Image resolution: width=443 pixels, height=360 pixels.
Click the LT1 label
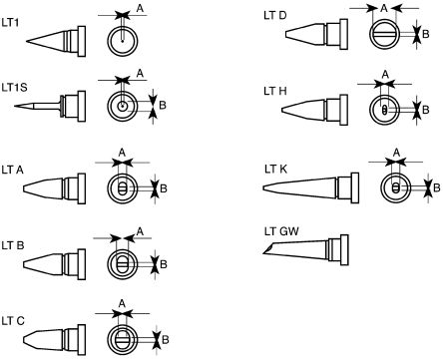pos(10,23)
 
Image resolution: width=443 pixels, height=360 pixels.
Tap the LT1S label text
pos(15,88)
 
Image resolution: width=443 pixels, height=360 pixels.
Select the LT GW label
pos(281,231)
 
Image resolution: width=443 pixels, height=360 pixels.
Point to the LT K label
pos(275,170)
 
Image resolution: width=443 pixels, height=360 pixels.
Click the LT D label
pos(275,15)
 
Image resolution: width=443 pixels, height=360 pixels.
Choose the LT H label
pos(275,91)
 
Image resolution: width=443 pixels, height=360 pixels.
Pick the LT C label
pos(13,321)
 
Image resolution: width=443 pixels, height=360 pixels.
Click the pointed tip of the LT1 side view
pos(27,42)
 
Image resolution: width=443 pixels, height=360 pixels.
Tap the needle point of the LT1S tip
pos(15,106)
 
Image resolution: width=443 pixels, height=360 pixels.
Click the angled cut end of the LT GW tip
pos(268,249)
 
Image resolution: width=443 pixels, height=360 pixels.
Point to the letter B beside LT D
pos(426,34)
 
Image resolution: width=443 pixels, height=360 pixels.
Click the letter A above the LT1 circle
pos(140,8)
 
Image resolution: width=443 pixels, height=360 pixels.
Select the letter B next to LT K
pos(437,188)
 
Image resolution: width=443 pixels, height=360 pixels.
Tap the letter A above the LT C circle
pos(122,303)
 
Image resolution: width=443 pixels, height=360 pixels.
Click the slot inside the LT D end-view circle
pos(385,34)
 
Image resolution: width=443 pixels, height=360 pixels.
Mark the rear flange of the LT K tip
pos(355,187)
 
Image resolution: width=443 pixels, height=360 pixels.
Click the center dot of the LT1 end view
pos(123,41)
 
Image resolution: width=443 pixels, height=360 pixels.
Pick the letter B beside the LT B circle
pos(164,264)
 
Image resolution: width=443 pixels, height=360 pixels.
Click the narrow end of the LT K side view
pos(264,188)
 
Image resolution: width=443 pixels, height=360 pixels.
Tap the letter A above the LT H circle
pos(385,75)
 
